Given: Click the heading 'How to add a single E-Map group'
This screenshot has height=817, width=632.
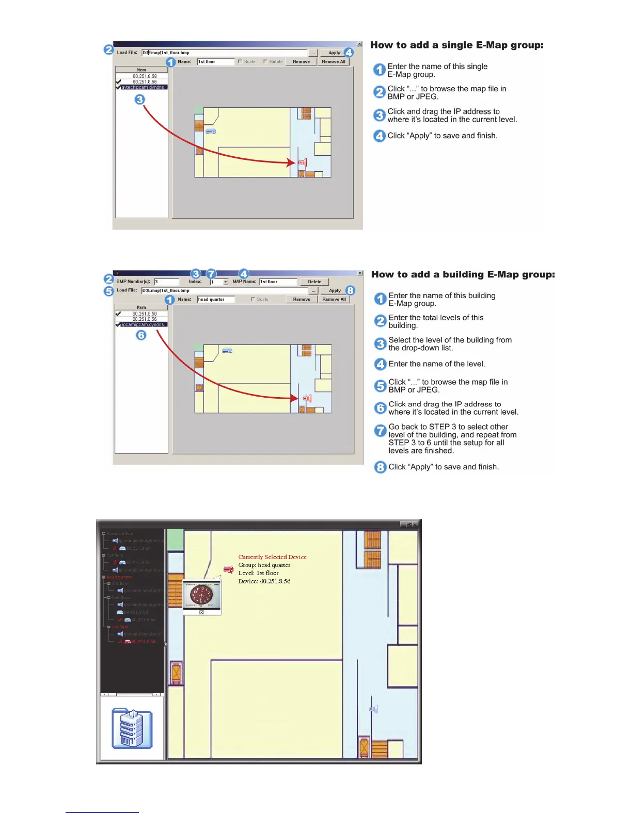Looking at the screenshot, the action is pos(456,45).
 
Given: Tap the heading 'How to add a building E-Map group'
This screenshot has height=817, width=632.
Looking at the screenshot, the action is pos(463,274).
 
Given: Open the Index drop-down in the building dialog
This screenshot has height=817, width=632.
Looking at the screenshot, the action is pos(226,282).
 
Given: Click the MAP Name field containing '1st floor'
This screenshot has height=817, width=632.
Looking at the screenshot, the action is pos(278,282).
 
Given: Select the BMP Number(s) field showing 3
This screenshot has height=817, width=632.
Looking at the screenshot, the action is pos(166,282).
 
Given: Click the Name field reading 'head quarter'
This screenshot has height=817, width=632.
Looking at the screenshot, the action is pos(216,299).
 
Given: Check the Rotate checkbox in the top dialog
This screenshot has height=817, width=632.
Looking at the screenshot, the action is pos(265,61).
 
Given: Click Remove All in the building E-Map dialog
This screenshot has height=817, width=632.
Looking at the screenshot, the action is pos(334,299).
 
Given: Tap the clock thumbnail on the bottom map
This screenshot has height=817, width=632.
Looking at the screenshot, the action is pos(202,596).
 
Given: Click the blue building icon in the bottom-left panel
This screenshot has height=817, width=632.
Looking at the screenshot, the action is pos(132,728).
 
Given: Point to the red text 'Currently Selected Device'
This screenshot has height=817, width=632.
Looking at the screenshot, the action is pos(272,557).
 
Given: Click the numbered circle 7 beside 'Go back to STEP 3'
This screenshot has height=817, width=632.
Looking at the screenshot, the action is pos(381,430).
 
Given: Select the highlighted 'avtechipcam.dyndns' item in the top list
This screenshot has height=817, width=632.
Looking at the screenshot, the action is pos(143,87).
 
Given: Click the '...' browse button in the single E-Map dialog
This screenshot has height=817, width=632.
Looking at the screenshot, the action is pos(313,53).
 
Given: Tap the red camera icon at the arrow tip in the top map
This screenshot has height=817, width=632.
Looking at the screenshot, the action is pos(303,162).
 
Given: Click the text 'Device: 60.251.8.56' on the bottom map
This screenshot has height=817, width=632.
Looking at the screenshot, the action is pos(264,581).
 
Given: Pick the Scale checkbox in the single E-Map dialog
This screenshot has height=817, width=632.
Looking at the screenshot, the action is pos(240,61).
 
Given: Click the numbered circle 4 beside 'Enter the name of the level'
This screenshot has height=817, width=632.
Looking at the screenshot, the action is pos(381,364).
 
